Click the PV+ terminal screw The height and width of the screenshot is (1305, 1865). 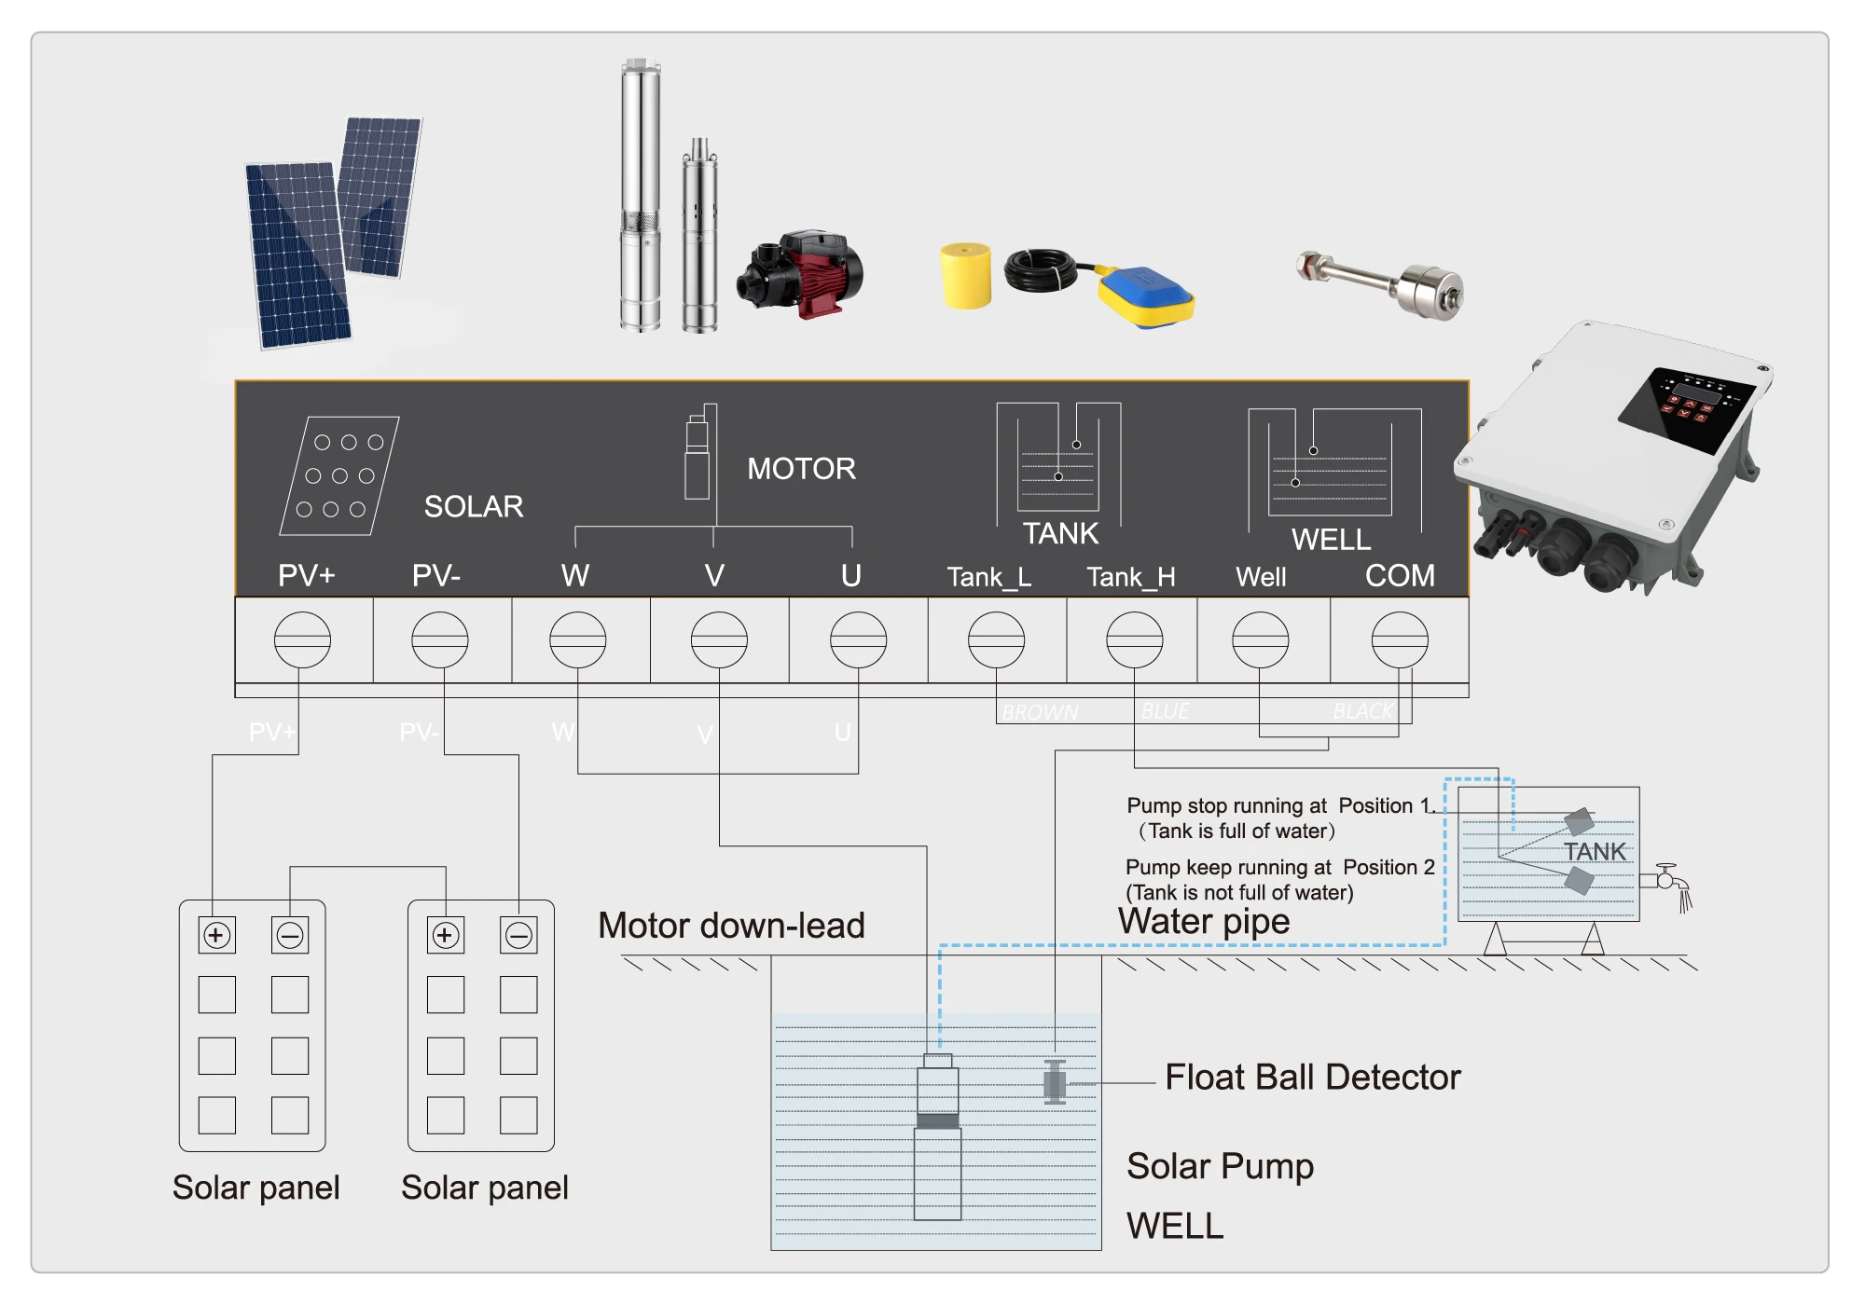tap(302, 640)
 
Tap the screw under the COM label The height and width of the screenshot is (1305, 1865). tap(1399, 640)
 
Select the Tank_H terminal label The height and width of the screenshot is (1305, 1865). tap(1131, 578)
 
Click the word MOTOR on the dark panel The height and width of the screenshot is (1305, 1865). tap(801, 469)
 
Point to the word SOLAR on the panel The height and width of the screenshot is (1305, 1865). tap(474, 507)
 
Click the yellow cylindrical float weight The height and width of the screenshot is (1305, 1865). tap(966, 276)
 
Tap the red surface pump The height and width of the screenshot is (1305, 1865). tap(802, 272)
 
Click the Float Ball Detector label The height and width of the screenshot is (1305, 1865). tap(1312, 1078)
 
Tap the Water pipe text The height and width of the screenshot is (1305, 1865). tap(1204, 921)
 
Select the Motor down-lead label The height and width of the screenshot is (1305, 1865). tap(731, 926)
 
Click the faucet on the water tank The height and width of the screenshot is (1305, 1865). tap(1667, 879)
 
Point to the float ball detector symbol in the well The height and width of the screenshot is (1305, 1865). tap(1055, 1082)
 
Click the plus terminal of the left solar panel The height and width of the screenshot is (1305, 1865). tap(216, 935)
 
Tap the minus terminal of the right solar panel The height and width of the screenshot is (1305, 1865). tap(518, 935)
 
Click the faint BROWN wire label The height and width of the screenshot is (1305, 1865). tap(1040, 713)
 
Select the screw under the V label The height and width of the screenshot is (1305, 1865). tap(718, 640)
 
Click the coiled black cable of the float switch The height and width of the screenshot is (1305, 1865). tap(1041, 270)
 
